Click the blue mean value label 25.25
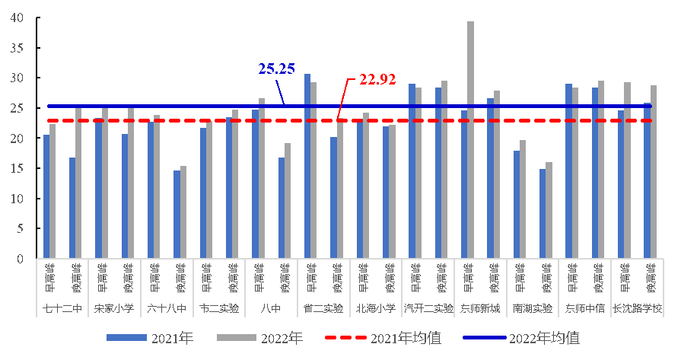pos(276,69)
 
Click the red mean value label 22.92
pos(377,80)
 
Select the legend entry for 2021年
pos(150,338)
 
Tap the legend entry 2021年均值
pos(383,338)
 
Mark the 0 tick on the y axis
pos(21,259)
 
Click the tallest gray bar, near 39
pos(470,140)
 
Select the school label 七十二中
pos(62,309)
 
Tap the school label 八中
pos(270,309)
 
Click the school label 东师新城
pos(480,309)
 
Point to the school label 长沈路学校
pos(637,309)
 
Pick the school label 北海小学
pos(375,309)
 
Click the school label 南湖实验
pos(532,309)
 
